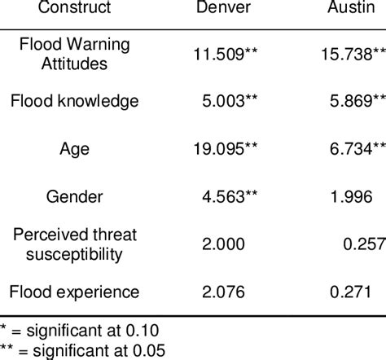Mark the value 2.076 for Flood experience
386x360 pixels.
[x=224, y=291]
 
